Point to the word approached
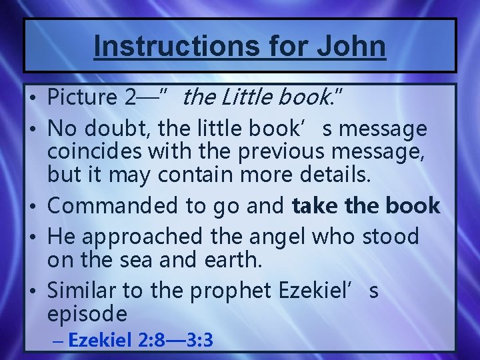[129, 236]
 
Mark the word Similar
[79, 290]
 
